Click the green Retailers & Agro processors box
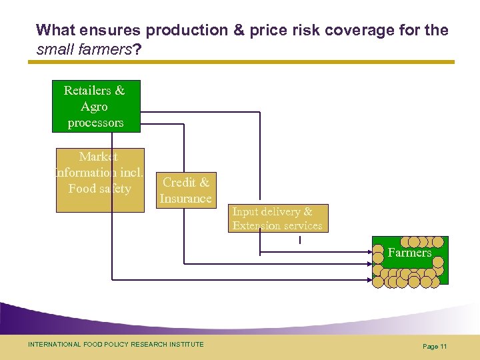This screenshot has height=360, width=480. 96,106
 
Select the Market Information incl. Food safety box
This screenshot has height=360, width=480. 99,180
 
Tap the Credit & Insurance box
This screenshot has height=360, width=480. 185,190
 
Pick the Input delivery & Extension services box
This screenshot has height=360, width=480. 277,219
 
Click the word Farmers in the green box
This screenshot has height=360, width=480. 409,253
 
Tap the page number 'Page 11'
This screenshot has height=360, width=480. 434,346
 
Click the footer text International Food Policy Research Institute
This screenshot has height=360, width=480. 116,344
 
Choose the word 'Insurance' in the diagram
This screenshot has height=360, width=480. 185,199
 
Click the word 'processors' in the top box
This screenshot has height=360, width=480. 95,123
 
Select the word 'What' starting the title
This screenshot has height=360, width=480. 55,31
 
